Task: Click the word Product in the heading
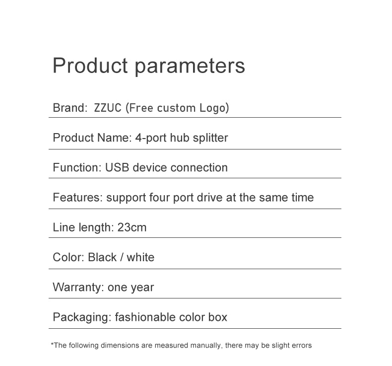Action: tap(90, 66)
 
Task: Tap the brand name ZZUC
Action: tap(108, 108)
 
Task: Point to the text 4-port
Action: tap(151, 138)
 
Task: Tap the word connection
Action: tap(199, 167)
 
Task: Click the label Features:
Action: tap(77, 197)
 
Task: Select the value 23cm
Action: tap(132, 227)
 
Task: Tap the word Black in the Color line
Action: tap(102, 257)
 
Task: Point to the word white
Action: tap(140, 257)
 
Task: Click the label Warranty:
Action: tap(78, 287)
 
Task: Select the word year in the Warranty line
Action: tap(142, 288)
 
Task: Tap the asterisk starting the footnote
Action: tap(52, 344)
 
